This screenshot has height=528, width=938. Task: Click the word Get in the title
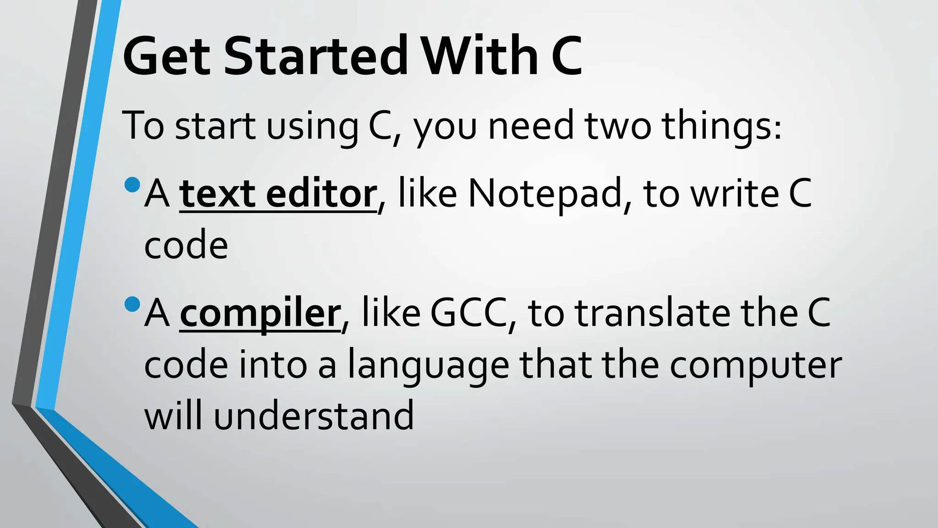[167, 56]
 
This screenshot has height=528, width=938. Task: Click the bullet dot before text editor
[132, 185]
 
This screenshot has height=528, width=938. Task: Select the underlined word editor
[321, 194]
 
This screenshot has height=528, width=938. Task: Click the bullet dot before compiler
[132, 304]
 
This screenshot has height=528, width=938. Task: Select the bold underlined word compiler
[260, 314]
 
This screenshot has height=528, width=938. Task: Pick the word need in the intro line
[531, 126]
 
